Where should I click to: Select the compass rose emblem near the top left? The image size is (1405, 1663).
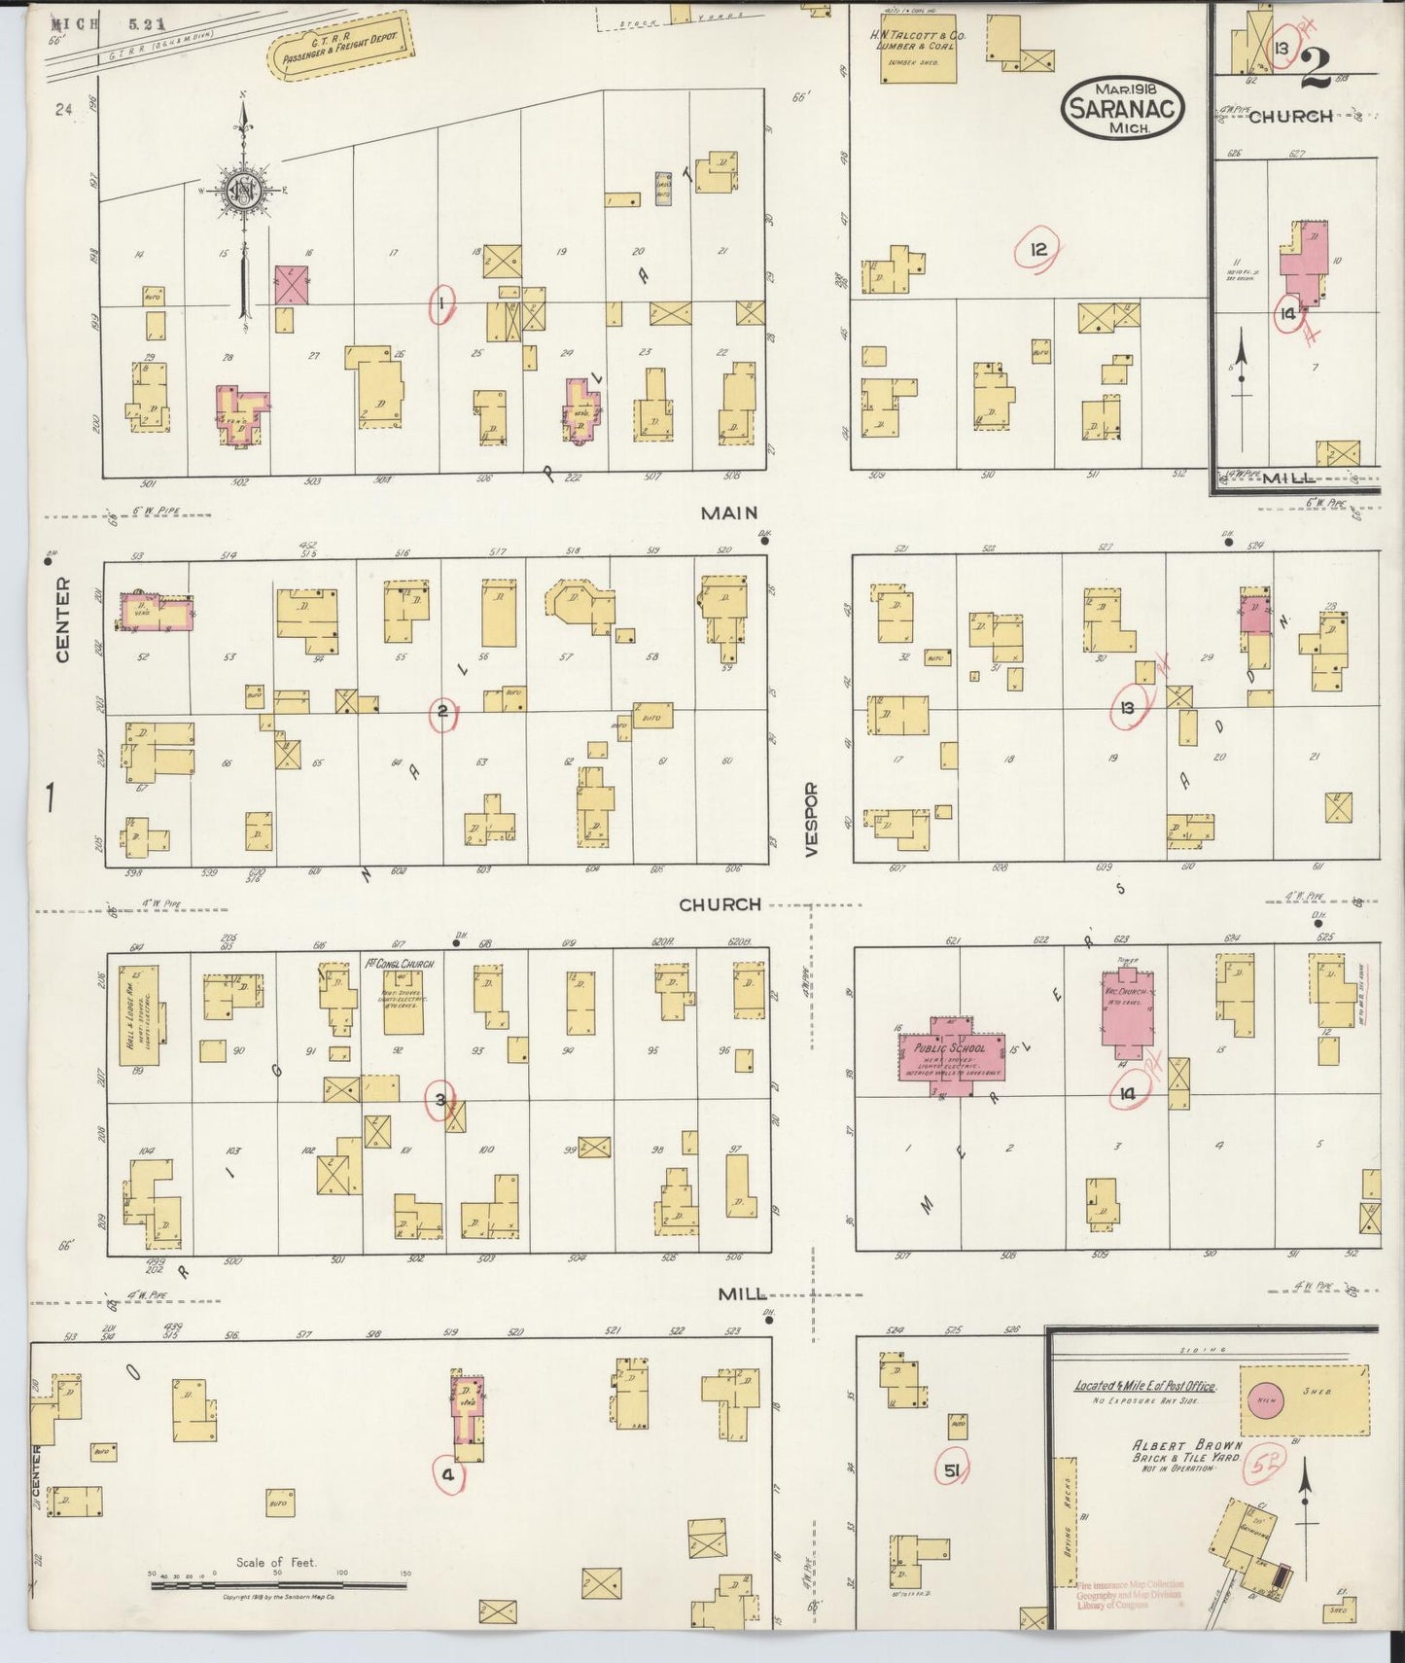pos(242,191)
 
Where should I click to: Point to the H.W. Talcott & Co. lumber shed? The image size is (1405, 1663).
pos(919,47)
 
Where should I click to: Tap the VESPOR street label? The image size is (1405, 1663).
pos(812,819)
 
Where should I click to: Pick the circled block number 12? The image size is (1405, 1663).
pos(1038,250)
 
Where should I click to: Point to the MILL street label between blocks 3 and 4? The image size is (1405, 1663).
pos(742,1294)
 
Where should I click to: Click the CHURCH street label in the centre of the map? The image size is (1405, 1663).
pos(720,904)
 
